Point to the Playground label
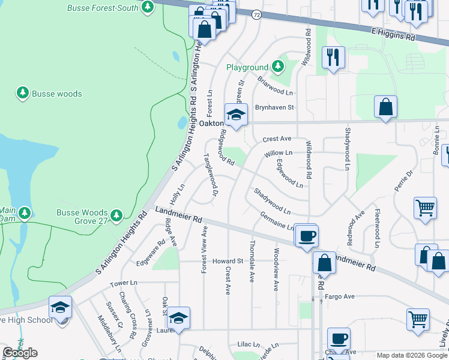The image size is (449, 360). pos(246,68)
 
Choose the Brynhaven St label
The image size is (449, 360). pos(274,107)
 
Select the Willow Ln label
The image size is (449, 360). pos(277,154)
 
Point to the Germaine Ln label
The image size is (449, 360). pos(276,221)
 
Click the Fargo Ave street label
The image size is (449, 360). pos(340,296)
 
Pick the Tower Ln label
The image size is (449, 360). pos(124,283)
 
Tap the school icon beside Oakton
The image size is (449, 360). pos(236,115)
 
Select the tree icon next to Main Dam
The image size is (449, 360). pos(25,213)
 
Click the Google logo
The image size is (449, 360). pos(20,353)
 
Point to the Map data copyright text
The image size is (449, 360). pos(411,355)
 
